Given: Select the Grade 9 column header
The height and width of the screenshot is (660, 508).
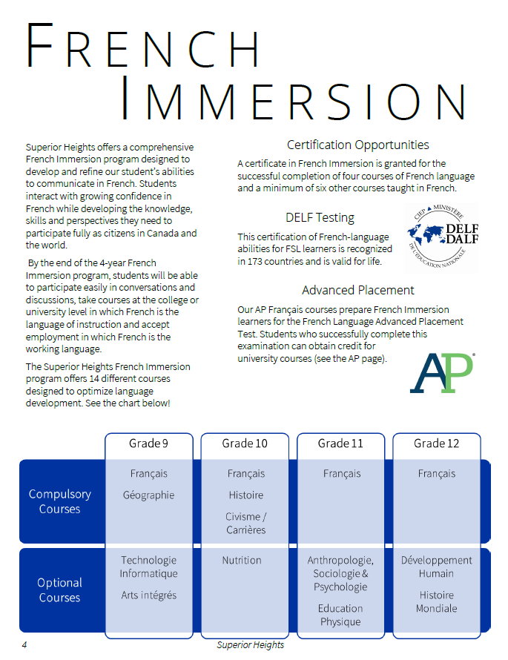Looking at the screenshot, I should [148, 443].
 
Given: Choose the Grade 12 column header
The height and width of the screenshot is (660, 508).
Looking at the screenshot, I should [436, 443].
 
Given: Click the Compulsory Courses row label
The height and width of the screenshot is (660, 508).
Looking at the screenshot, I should [59, 501].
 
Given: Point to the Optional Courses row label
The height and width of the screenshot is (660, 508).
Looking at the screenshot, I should [59, 590].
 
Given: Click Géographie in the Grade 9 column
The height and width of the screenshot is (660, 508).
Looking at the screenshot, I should [148, 495].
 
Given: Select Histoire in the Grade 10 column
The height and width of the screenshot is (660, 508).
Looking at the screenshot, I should [245, 495].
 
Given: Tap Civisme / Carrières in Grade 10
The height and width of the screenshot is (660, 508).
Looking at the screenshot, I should [245, 524].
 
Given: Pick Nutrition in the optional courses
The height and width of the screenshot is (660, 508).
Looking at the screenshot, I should [242, 561].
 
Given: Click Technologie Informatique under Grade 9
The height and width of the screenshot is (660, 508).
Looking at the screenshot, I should [148, 567].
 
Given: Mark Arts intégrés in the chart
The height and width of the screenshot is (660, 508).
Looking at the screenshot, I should [148, 595].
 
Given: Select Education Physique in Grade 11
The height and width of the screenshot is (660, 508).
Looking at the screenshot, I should [340, 615].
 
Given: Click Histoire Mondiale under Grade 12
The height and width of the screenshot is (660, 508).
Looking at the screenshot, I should [438, 601].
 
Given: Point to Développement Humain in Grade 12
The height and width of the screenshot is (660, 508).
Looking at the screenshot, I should [436, 567].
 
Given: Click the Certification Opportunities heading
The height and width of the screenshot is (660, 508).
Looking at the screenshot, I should [357, 145].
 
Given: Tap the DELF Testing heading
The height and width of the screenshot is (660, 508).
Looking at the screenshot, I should [320, 218].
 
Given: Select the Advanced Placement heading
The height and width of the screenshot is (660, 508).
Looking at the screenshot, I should [357, 290].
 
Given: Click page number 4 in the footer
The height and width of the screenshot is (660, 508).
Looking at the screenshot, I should [24, 645].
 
